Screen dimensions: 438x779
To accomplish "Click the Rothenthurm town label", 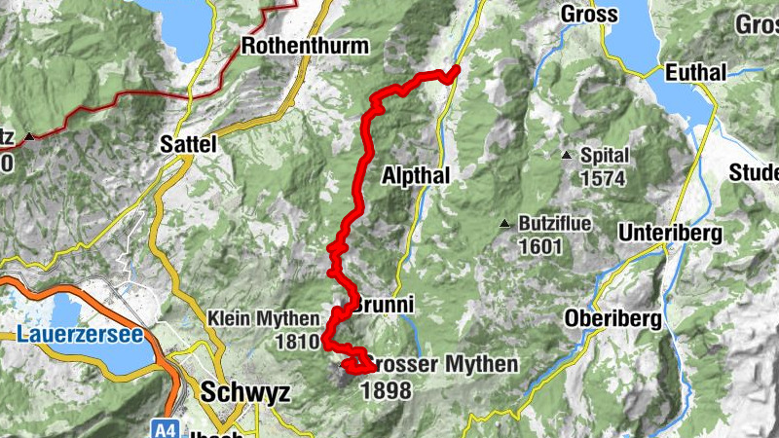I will (305, 46).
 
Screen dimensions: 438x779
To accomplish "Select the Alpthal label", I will (416, 175).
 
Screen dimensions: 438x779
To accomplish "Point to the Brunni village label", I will (384, 306).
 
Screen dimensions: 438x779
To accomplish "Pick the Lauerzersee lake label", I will (80, 336).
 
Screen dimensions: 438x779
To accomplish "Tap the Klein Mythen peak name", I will (263, 319).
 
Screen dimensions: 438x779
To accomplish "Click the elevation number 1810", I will (298, 342).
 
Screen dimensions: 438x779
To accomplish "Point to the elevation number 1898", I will (387, 390).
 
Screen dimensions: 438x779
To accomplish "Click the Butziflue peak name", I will (555, 224).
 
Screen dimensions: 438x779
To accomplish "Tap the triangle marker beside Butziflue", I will (504, 225).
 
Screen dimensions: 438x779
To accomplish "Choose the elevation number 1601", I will (540, 246).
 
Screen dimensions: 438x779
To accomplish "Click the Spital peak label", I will (605, 156).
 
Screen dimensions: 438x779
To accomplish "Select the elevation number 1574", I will (603, 179).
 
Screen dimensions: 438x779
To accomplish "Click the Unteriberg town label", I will (670, 234).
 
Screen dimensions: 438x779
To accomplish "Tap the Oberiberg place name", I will (613, 318).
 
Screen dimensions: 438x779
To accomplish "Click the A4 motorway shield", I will (165, 427).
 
